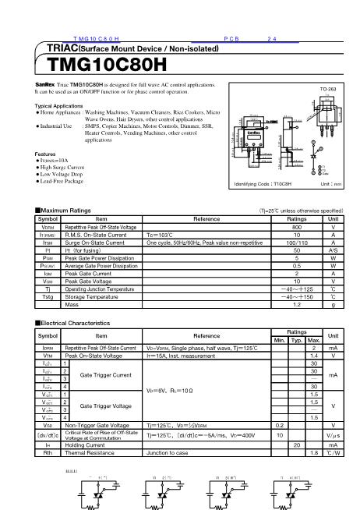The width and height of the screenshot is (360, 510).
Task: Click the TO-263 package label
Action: [x=328, y=90]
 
